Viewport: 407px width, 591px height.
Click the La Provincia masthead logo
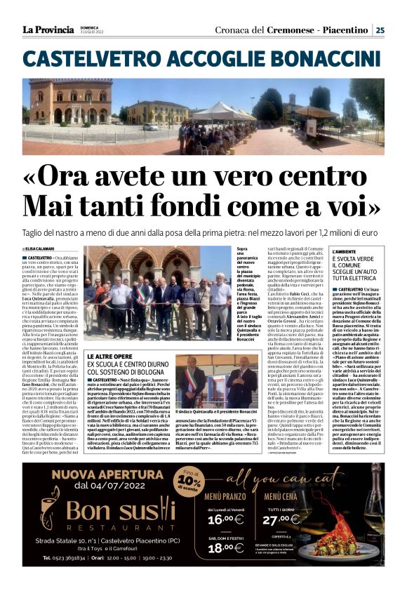[x=48, y=29]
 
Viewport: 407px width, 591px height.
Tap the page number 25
[x=380, y=29]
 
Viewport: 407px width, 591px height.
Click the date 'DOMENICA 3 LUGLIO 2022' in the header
[x=92, y=29]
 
